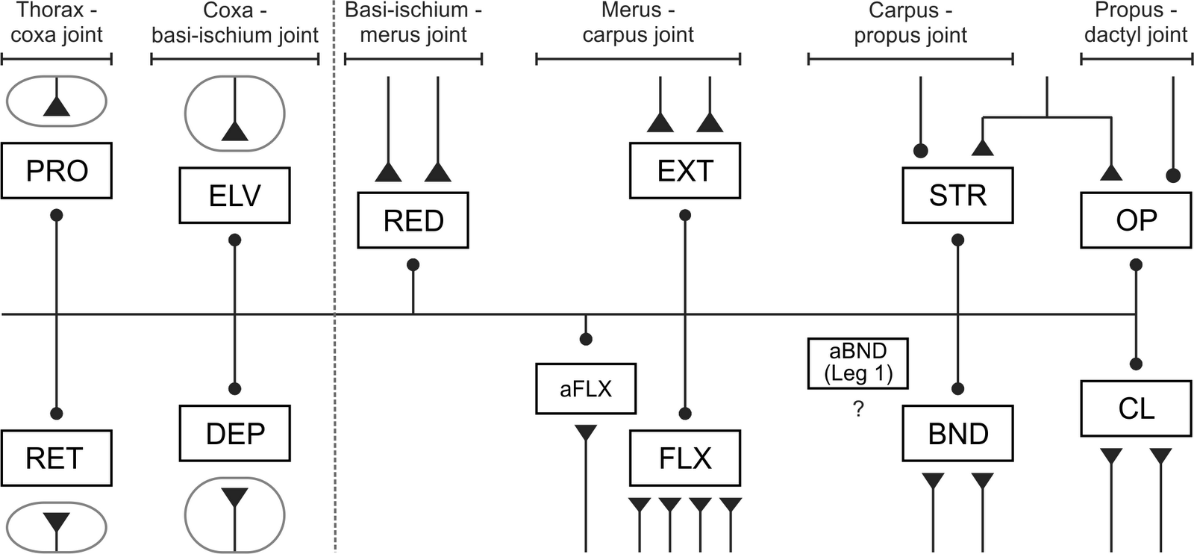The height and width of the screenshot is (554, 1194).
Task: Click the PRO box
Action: pyautogui.click(x=57, y=171)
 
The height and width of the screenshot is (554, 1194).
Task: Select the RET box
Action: pyautogui.click(x=57, y=458)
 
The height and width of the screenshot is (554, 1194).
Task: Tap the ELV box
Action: pyautogui.click(x=234, y=196)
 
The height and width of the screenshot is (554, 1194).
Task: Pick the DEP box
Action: pyautogui.click(x=234, y=433)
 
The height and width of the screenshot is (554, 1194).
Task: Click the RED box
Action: pyautogui.click(x=413, y=220)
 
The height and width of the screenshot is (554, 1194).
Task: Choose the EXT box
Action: pyautogui.click(x=684, y=171)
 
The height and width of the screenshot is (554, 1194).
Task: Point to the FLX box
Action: pyautogui.click(x=684, y=458)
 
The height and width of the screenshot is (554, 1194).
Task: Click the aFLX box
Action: pyautogui.click(x=586, y=388)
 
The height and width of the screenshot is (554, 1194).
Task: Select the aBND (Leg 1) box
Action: pyautogui.click(x=858, y=363)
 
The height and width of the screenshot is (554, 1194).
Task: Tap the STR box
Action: pyautogui.click(x=957, y=196)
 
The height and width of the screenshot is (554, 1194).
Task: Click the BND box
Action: pyautogui.click(x=957, y=433)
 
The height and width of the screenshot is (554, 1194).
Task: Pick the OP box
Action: pyautogui.click(x=1136, y=220)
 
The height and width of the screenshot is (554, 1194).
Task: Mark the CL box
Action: pyautogui.click(x=1136, y=408)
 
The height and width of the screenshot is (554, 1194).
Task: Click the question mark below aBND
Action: pyautogui.click(x=858, y=409)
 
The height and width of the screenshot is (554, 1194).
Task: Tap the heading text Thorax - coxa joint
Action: pyautogui.click(x=57, y=22)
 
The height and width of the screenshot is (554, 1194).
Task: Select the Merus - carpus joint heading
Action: pyautogui.click(x=638, y=22)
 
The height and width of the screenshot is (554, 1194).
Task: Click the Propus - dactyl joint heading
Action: pyautogui.click(x=1136, y=22)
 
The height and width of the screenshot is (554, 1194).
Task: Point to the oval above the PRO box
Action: pyautogui.click(x=57, y=101)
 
